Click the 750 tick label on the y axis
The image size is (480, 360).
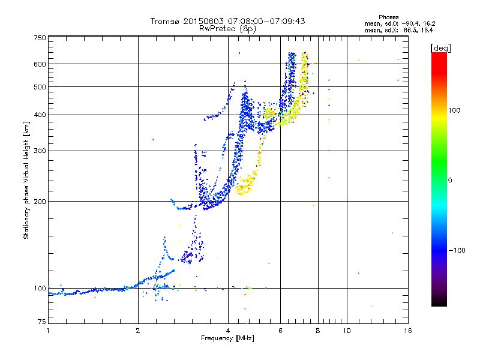40,38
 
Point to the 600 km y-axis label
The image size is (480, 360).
40,64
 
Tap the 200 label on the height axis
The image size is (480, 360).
40,202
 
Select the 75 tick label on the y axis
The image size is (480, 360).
42,322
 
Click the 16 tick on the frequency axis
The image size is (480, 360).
408,331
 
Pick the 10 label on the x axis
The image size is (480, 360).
347,331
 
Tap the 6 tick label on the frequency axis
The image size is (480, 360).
280,331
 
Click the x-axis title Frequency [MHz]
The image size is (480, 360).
227,338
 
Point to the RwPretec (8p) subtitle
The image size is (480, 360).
227,29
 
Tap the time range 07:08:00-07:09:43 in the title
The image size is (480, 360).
266,21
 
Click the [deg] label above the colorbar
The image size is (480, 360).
440,48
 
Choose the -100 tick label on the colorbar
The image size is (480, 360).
457,250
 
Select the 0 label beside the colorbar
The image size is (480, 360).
450,181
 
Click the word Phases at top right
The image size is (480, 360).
388,17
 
